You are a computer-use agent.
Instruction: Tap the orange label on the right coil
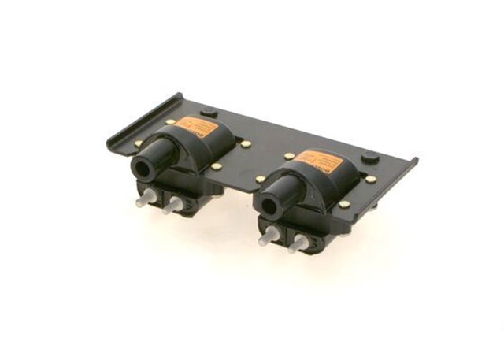tap(324, 159)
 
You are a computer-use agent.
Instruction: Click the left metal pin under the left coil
tap(144, 200)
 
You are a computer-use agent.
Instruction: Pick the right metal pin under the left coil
tap(171, 207)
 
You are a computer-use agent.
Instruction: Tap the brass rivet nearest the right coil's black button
tap(371, 179)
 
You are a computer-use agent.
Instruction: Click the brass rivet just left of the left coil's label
tap(171, 122)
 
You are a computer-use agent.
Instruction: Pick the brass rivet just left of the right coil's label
tap(289, 156)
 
